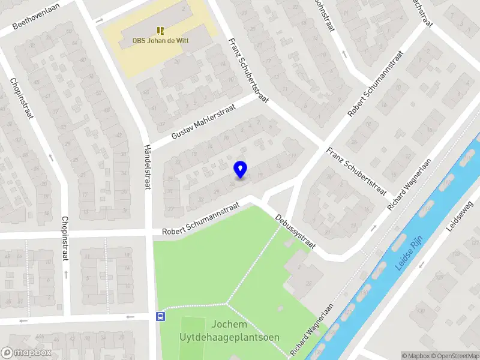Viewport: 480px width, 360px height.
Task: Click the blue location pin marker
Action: tap(240, 169)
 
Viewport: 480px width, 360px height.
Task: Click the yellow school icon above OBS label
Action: tap(160, 30)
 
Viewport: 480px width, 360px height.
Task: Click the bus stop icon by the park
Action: tap(160, 317)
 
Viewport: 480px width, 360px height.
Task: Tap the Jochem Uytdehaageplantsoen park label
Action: tap(229, 331)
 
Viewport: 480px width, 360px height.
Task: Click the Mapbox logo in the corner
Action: tap(26, 352)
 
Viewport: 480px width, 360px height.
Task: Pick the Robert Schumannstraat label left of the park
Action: tap(201, 218)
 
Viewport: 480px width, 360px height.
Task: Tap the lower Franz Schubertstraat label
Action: tap(356, 171)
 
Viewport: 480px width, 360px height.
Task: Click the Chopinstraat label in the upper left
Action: tap(20, 99)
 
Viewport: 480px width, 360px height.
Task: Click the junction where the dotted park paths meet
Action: tap(228, 302)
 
